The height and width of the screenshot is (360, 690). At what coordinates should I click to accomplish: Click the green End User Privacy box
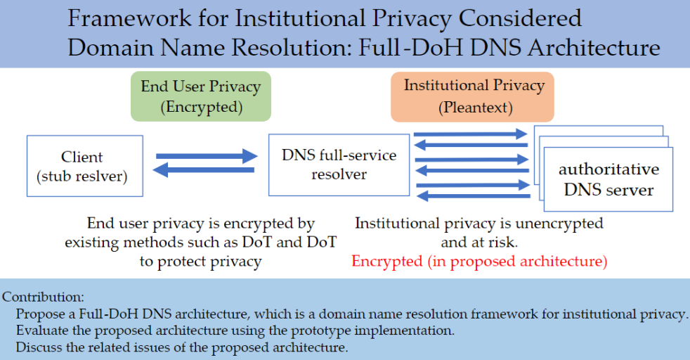[200, 97]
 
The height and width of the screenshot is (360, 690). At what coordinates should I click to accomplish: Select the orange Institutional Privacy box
[473, 97]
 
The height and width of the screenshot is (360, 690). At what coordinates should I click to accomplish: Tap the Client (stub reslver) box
[84, 166]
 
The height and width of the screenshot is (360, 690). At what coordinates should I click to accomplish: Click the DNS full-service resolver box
[339, 165]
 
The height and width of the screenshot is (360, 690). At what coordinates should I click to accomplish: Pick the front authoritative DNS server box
[608, 179]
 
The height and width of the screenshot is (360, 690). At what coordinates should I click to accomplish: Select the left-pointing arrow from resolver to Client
[204, 169]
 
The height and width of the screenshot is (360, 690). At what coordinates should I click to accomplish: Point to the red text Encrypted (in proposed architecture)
[479, 262]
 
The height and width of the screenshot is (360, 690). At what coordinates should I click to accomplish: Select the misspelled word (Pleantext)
[474, 108]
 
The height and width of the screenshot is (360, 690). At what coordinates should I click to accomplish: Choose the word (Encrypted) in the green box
[200, 108]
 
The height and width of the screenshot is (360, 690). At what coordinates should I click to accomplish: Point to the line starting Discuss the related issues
[182, 347]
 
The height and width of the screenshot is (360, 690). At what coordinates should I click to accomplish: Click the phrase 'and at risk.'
[480, 243]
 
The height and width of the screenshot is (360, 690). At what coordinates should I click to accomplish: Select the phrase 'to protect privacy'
[200, 262]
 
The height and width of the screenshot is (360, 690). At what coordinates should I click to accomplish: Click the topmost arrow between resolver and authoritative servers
[470, 134]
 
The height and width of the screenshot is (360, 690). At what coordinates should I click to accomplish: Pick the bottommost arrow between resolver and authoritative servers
[470, 198]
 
